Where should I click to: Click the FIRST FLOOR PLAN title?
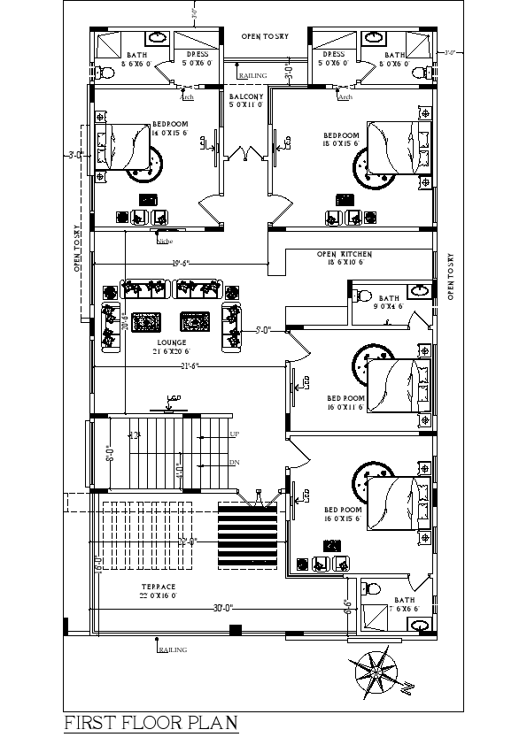151,723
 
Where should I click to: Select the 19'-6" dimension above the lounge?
181,263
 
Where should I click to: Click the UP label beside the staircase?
235,434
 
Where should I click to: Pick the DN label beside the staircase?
235,463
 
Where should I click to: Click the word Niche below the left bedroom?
165,241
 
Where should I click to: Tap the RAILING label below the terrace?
174,650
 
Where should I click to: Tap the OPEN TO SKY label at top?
266,35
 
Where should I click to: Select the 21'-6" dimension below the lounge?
190,365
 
